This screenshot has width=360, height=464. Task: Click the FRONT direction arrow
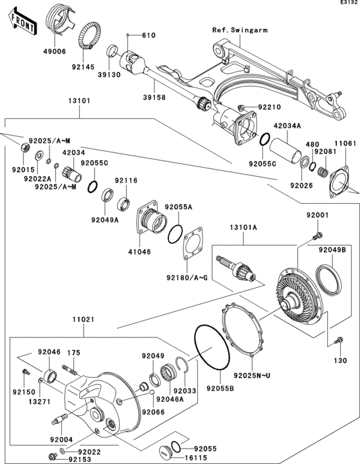21,20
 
